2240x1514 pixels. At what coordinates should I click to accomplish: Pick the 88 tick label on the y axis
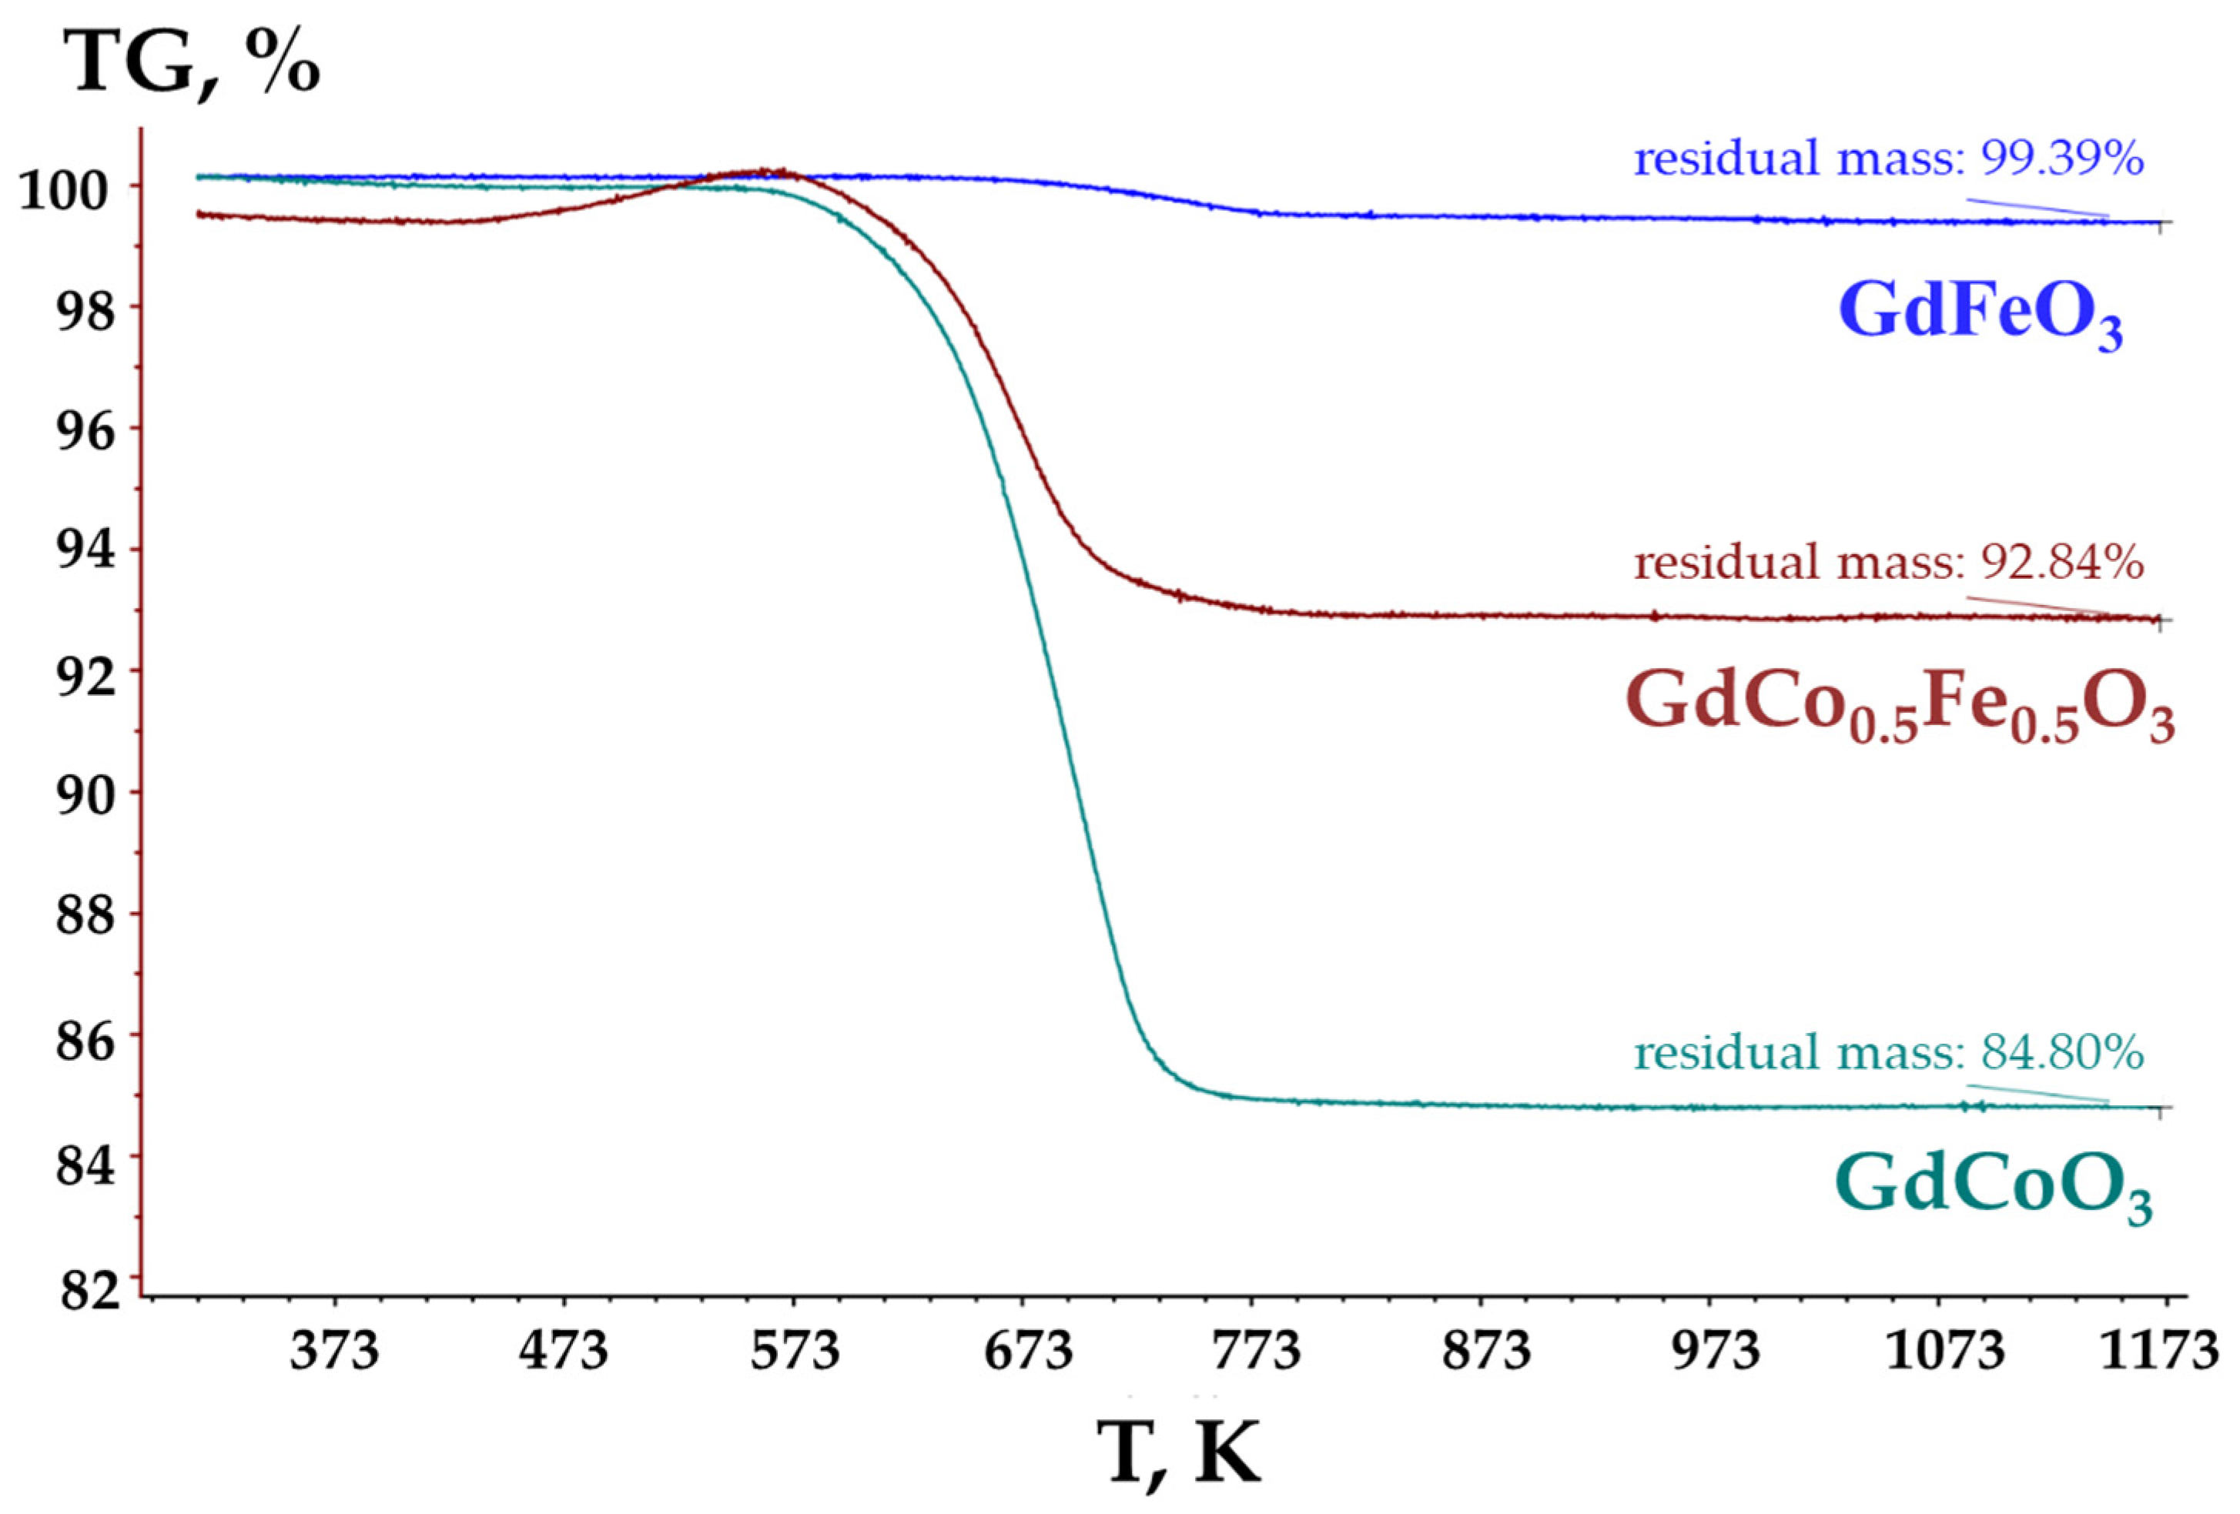85,914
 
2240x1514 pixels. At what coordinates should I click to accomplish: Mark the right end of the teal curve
2157,1106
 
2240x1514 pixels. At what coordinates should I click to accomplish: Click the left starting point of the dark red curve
198,214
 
